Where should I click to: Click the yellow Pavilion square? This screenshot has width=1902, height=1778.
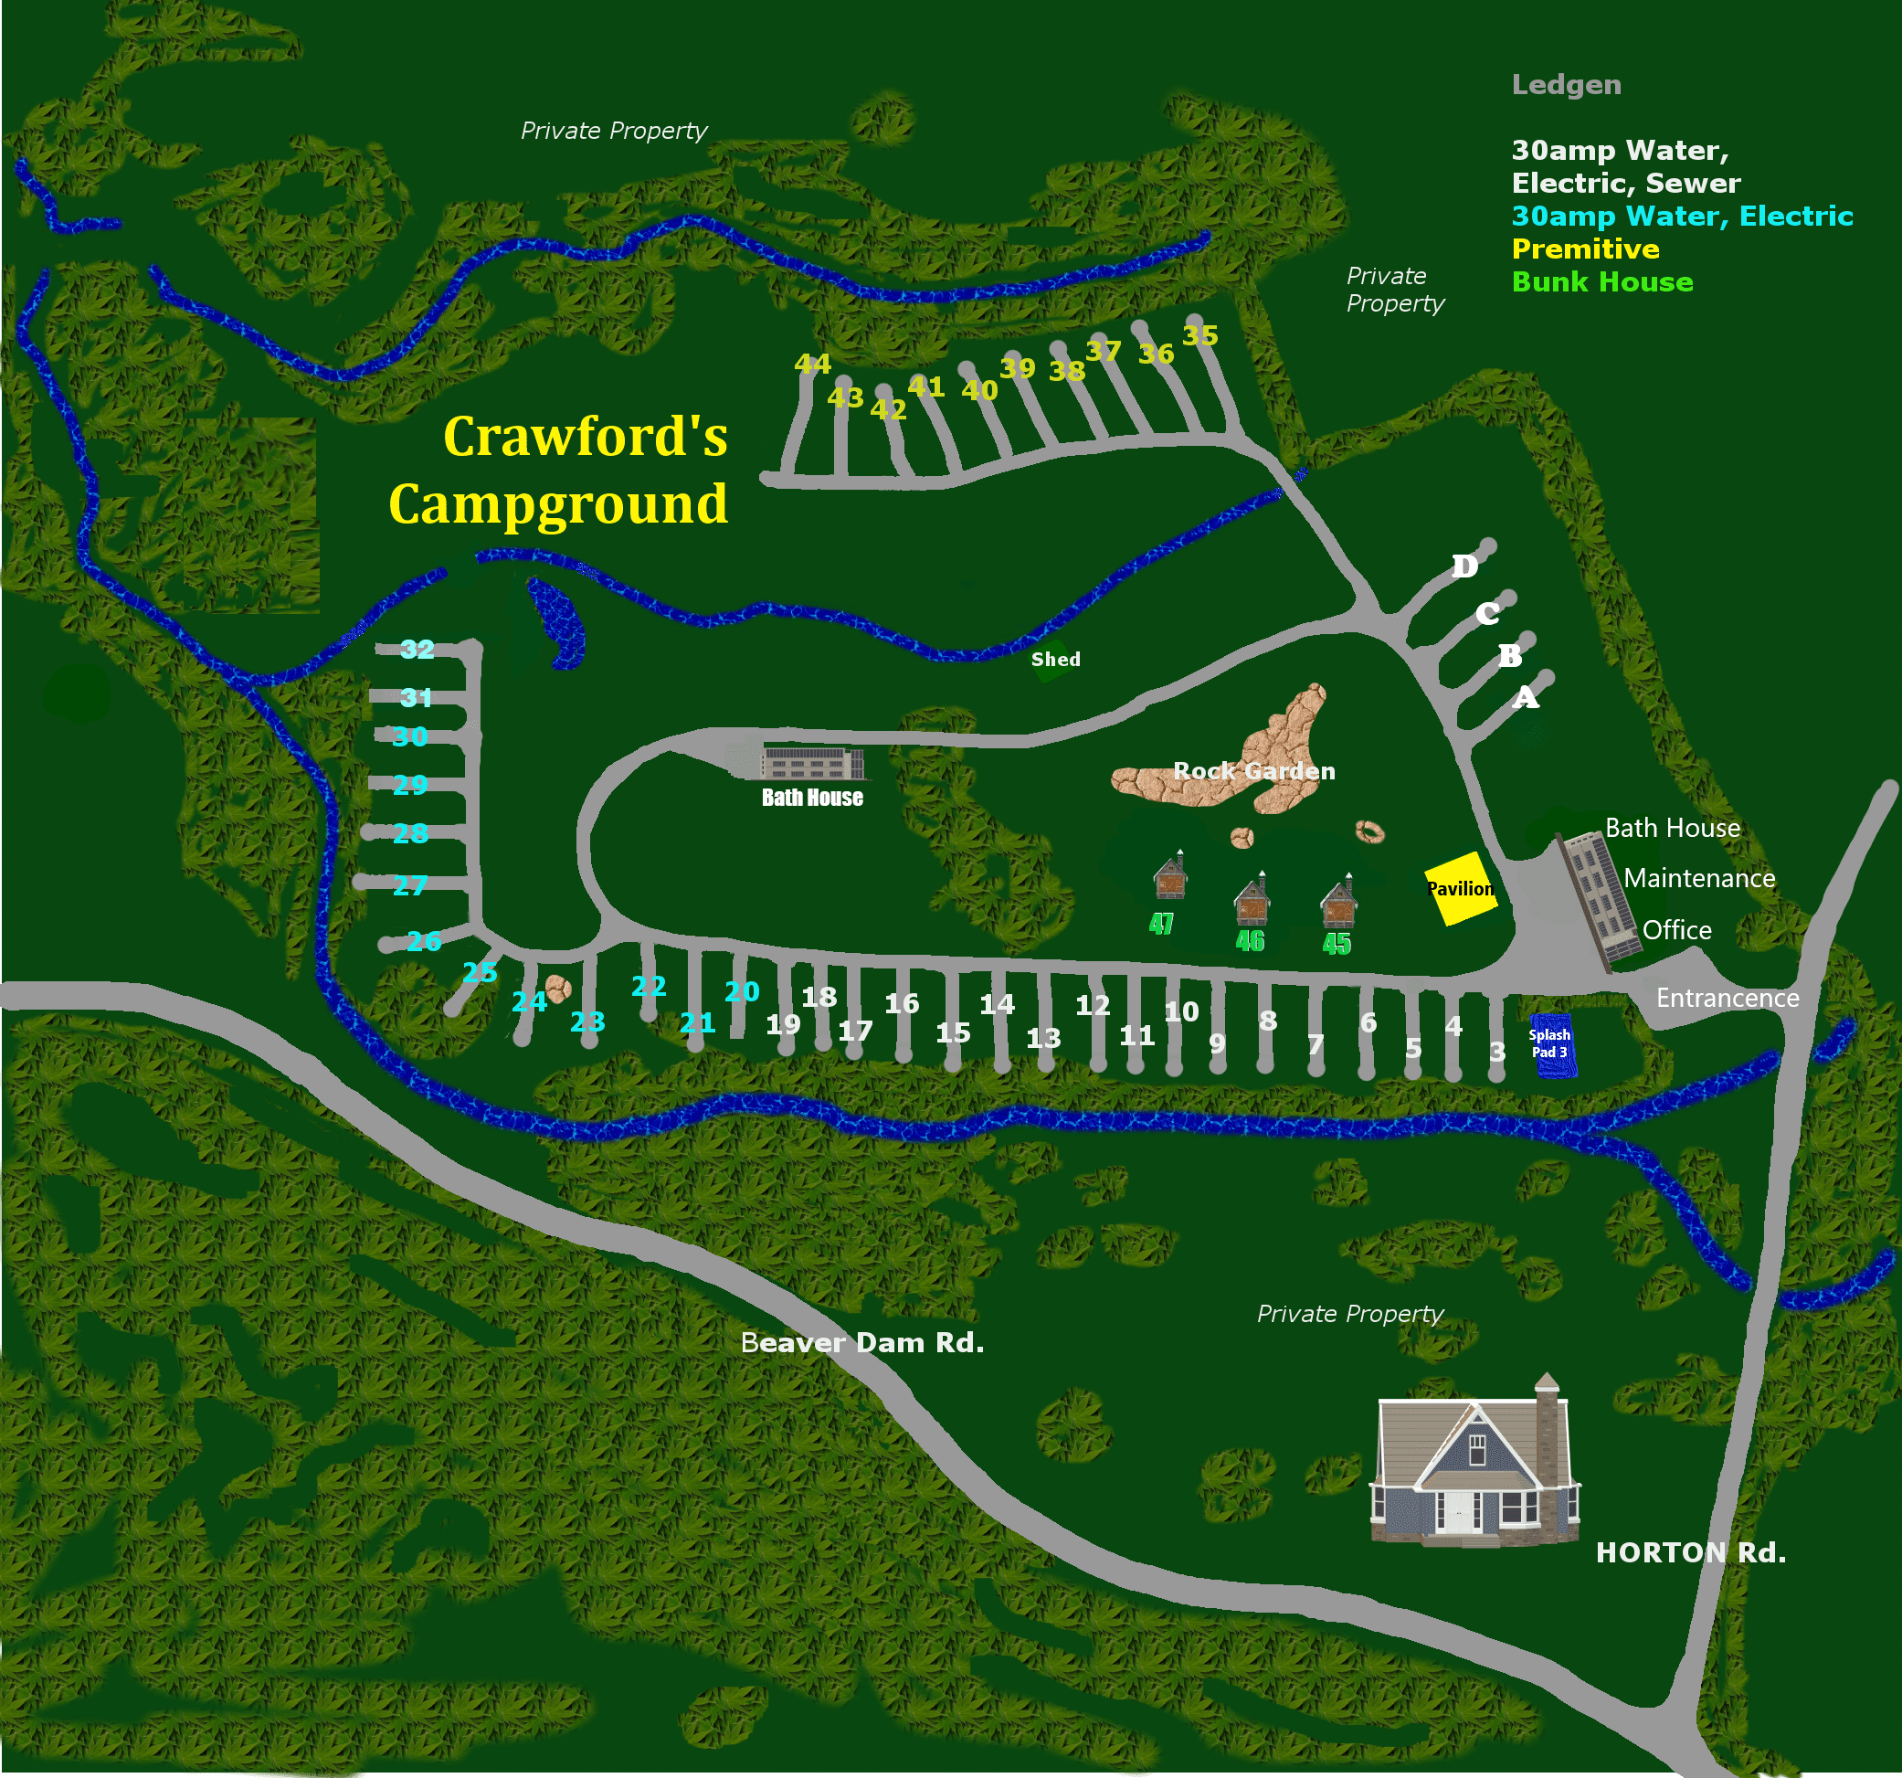pyautogui.click(x=1459, y=889)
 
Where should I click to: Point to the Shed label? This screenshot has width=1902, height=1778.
pyautogui.click(x=1055, y=660)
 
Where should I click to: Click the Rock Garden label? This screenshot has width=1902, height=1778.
pyautogui.click(x=1253, y=771)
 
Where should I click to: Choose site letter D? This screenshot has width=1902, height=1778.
pyautogui.click(x=1464, y=566)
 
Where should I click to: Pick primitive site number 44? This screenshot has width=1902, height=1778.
pyautogui.click(x=812, y=365)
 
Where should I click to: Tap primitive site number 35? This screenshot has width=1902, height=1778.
pyautogui.click(x=1199, y=336)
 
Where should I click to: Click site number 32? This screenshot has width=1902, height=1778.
pyautogui.click(x=417, y=650)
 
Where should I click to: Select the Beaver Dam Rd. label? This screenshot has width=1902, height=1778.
pyautogui.click(x=862, y=1342)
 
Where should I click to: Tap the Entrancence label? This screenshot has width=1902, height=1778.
pyautogui.click(x=1727, y=998)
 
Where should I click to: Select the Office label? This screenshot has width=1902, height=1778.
pyautogui.click(x=1676, y=930)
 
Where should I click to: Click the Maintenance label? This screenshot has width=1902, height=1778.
pyautogui.click(x=1699, y=878)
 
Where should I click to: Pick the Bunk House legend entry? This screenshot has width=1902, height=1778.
pyautogui.click(x=1601, y=282)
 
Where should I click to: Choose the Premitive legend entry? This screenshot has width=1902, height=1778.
pyautogui.click(x=1585, y=249)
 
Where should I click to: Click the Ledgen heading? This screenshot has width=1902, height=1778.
pyautogui.click(x=1566, y=85)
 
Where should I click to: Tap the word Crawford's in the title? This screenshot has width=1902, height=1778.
pyautogui.click(x=585, y=438)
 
